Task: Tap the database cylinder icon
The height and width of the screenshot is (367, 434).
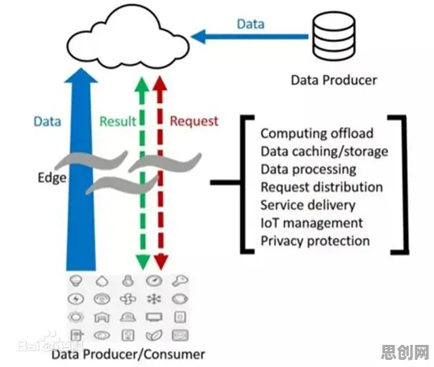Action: click(334, 36)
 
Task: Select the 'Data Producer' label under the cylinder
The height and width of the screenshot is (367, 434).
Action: click(334, 81)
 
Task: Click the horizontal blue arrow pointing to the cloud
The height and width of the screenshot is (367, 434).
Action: click(249, 36)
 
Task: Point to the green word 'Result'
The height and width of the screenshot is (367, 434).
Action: click(118, 122)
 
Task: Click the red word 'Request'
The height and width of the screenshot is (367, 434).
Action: click(194, 122)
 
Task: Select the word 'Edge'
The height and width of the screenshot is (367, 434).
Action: click(52, 178)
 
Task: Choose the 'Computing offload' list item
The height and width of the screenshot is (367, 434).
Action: click(316, 134)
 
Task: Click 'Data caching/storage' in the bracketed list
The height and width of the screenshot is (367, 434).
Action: click(324, 151)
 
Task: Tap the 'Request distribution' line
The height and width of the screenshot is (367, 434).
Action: click(322, 187)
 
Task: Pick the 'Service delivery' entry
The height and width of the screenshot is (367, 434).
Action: click(308, 206)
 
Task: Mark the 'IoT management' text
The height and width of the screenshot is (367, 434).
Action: click(312, 223)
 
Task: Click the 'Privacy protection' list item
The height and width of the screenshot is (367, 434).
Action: click(316, 241)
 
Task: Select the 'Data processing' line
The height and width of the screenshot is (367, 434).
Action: click(309, 169)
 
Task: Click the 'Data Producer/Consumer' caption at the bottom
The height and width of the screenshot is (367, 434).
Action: click(128, 354)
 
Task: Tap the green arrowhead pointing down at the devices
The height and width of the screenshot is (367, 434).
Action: click(143, 262)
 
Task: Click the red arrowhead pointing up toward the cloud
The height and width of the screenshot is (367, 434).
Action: click(160, 83)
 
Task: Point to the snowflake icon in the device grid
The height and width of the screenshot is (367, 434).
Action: click(154, 299)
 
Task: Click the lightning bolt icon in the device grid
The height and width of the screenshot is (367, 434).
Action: click(76, 299)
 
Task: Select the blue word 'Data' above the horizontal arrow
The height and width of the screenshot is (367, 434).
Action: click(251, 25)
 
